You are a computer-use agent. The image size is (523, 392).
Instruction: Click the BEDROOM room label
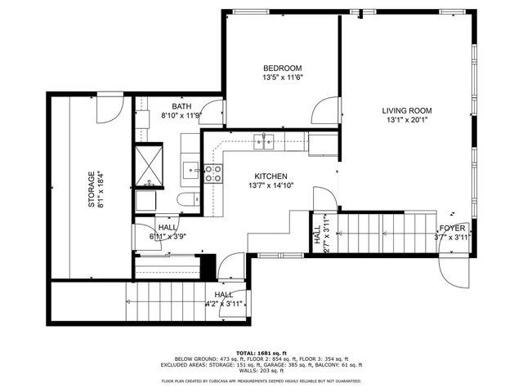click(283, 68)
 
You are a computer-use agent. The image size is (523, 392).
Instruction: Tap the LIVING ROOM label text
click(406, 111)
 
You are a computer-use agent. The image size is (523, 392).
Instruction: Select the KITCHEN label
click(270, 176)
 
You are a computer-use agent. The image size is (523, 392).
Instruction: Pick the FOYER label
click(452, 228)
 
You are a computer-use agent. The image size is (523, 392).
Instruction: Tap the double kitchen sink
click(263, 141)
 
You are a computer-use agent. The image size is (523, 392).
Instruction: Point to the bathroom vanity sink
click(190, 170)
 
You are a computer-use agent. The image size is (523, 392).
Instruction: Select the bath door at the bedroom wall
click(213, 112)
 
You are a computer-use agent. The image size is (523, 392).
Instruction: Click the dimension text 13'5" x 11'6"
click(283, 78)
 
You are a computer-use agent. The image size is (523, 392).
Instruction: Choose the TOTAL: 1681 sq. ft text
click(261, 351)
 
